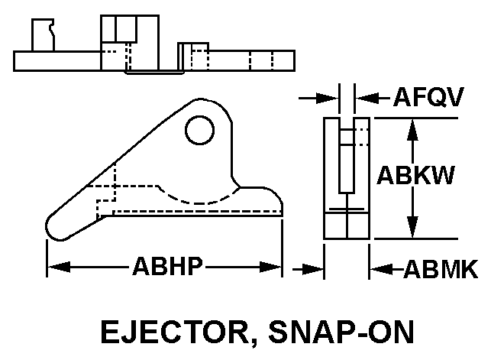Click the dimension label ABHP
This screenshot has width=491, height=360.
point(167,267)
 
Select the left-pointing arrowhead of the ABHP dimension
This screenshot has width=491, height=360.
point(58,267)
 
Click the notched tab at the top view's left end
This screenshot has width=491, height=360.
point(41,35)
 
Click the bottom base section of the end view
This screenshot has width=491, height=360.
point(347,226)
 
